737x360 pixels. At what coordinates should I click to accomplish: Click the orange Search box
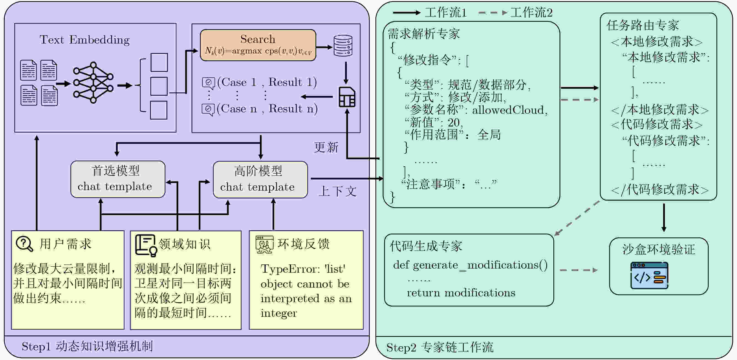258,45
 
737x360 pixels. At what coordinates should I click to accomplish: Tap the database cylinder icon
343,45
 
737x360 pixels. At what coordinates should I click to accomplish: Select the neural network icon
93,82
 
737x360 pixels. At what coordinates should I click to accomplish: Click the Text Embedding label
85,40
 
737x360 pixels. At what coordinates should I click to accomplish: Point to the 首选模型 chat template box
118,179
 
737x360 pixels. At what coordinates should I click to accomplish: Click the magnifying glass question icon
25,244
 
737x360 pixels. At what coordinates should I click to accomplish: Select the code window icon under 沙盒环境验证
649,275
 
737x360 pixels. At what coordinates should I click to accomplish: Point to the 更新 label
326,147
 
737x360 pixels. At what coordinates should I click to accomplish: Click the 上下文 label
338,191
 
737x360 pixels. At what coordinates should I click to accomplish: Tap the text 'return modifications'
461,293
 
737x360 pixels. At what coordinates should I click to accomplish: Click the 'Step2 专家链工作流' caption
439,347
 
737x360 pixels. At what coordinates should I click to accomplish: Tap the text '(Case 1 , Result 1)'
267,82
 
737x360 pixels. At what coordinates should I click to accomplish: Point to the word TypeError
290,269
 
